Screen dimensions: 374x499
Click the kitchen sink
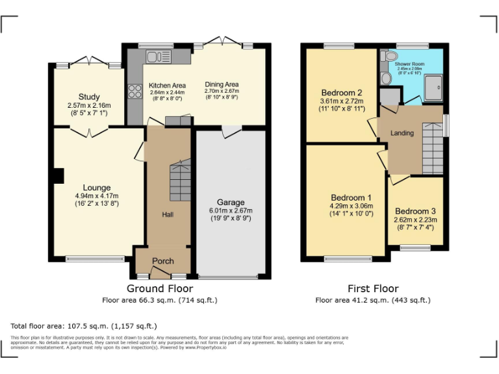(x=158, y=56)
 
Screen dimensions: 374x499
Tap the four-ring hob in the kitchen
(x=135, y=92)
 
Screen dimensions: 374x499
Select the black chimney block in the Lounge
(x=58, y=176)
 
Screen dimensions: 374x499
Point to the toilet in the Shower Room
(x=387, y=78)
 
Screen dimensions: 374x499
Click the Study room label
(x=89, y=97)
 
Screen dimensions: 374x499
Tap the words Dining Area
(x=222, y=84)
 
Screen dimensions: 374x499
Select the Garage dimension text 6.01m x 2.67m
(x=231, y=210)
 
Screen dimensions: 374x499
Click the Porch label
(x=162, y=261)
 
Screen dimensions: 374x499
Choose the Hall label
(x=167, y=214)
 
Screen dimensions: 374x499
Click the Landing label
(x=402, y=133)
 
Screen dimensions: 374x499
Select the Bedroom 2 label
(x=342, y=92)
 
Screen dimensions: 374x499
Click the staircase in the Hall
(x=179, y=181)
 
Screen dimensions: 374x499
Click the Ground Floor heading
(x=159, y=288)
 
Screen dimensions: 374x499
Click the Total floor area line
(x=84, y=325)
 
